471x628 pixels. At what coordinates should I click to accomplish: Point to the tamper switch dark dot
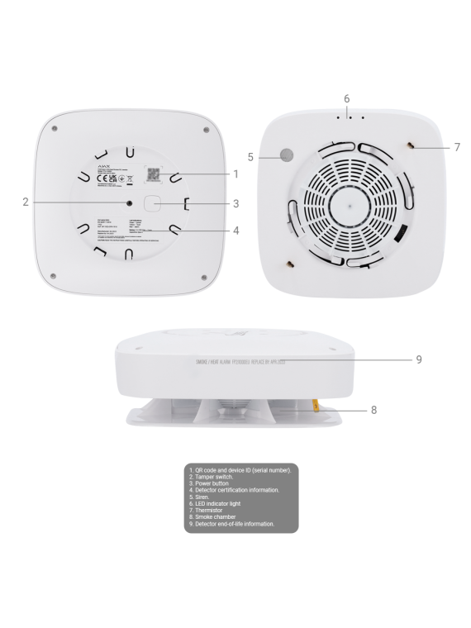[x=129, y=202]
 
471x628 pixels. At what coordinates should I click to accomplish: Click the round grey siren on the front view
[x=286, y=155]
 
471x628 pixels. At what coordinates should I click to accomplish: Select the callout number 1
[x=235, y=174]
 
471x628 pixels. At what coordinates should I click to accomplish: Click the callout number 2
[x=26, y=201]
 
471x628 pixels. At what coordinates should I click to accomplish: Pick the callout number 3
[x=235, y=203]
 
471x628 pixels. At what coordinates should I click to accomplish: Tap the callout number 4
[x=235, y=231]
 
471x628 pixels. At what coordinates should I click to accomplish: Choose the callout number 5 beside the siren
[x=252, y=155]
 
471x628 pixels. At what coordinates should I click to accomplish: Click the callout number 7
[x=457, y=147]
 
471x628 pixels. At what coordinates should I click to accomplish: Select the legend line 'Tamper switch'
[x=216, y=477]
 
